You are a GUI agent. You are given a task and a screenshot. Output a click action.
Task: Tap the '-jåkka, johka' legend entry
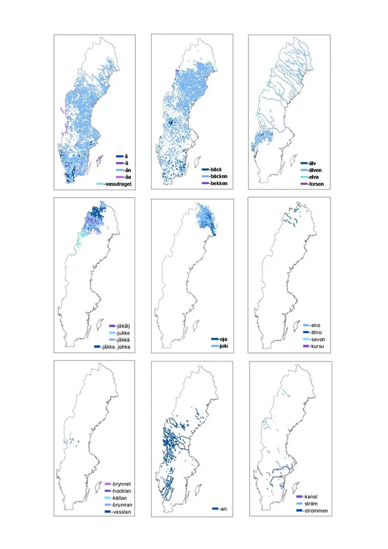pyautogui.click(x=117, y=346)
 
